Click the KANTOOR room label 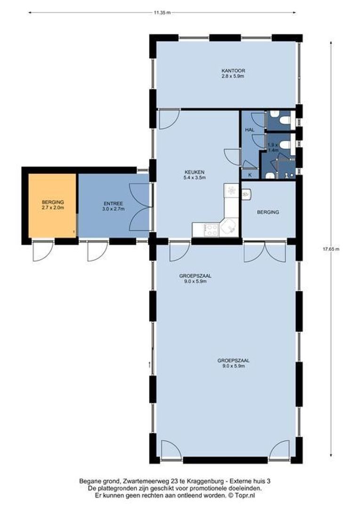(x=233, y=70)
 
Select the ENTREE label (x=113, y=204)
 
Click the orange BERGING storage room (x=53, y=205)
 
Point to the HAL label (x=250, y=130)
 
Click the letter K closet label (x=250, y=175)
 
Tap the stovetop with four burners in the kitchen (x=212, y=230)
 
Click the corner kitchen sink (x=229, y=227)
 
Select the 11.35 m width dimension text (x=162, y=13)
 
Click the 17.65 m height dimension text (x=331, y=249)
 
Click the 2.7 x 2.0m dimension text (x=53, y=207)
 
